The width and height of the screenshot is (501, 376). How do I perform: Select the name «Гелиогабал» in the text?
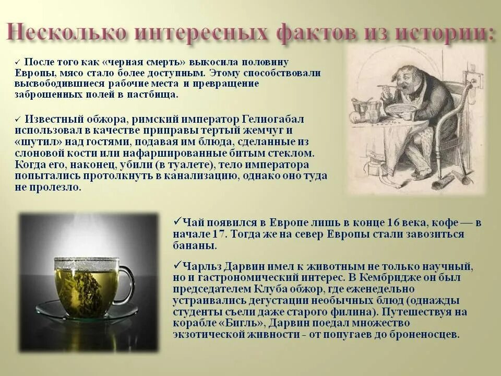(272, 119)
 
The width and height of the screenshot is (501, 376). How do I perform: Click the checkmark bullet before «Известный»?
(18, 119)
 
